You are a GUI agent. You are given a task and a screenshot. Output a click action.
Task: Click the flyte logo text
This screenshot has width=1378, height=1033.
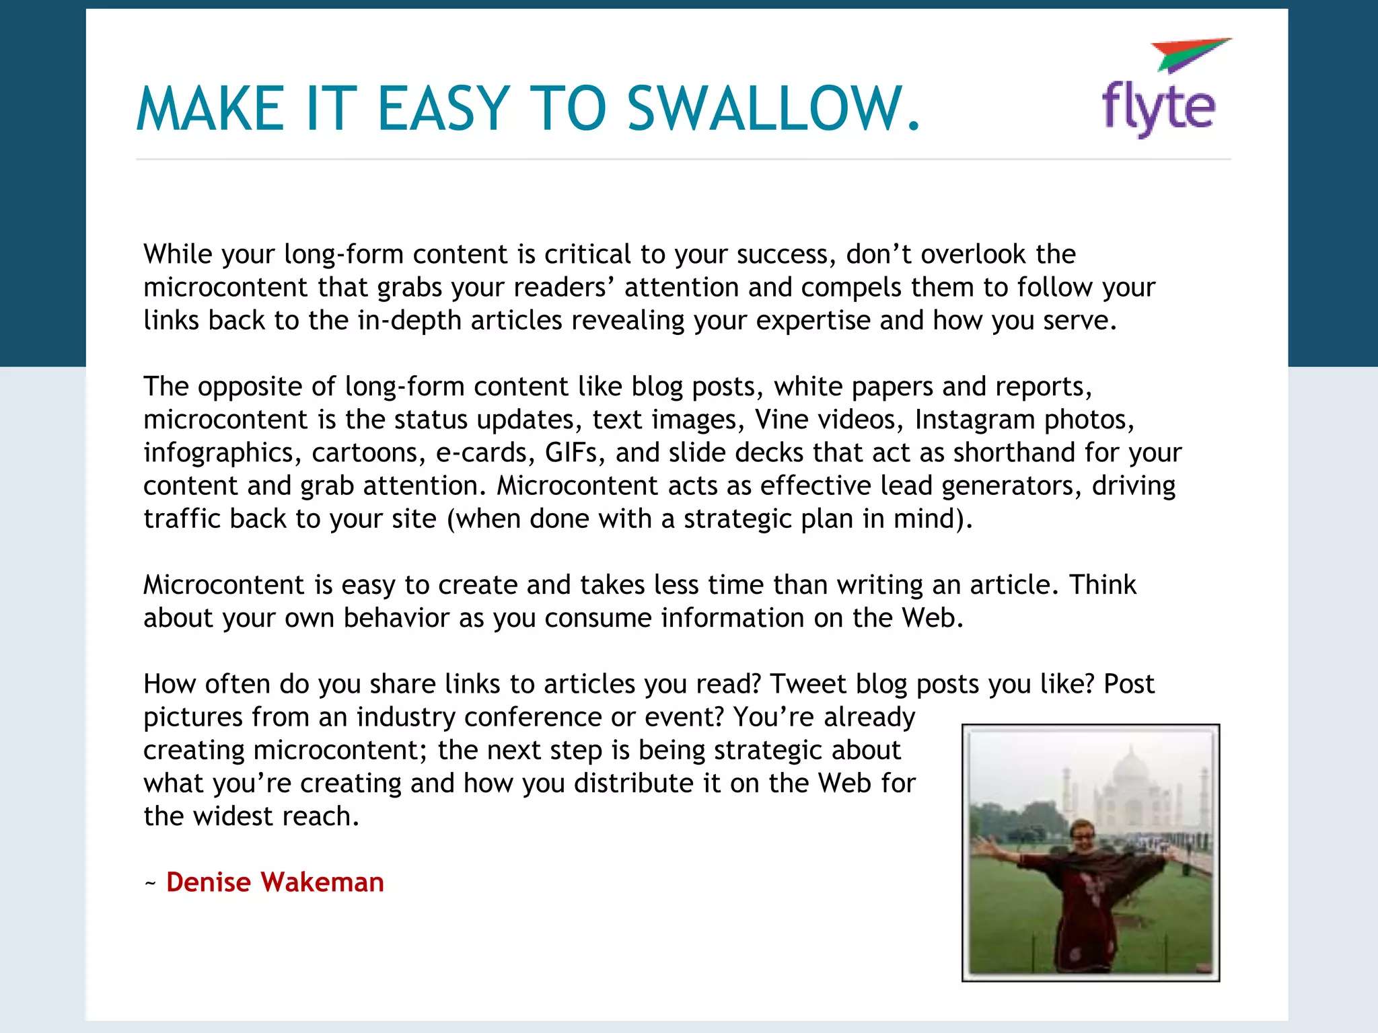(x=1158, y=108)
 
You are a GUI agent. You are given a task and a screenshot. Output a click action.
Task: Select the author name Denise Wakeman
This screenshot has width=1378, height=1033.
(x=275, y=882)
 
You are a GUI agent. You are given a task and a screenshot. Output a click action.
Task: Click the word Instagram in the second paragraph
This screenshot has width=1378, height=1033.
(x=975, y=420)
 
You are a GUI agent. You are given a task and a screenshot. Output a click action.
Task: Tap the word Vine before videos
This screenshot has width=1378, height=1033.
(x=778, y=420)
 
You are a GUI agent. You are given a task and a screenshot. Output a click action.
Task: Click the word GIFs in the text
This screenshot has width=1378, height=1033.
(x=571, y=453)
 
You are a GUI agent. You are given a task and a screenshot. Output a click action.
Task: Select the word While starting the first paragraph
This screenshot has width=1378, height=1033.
(x=178, y=254)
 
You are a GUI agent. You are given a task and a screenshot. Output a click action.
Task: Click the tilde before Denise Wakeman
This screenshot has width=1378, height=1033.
(x=151, y=883)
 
